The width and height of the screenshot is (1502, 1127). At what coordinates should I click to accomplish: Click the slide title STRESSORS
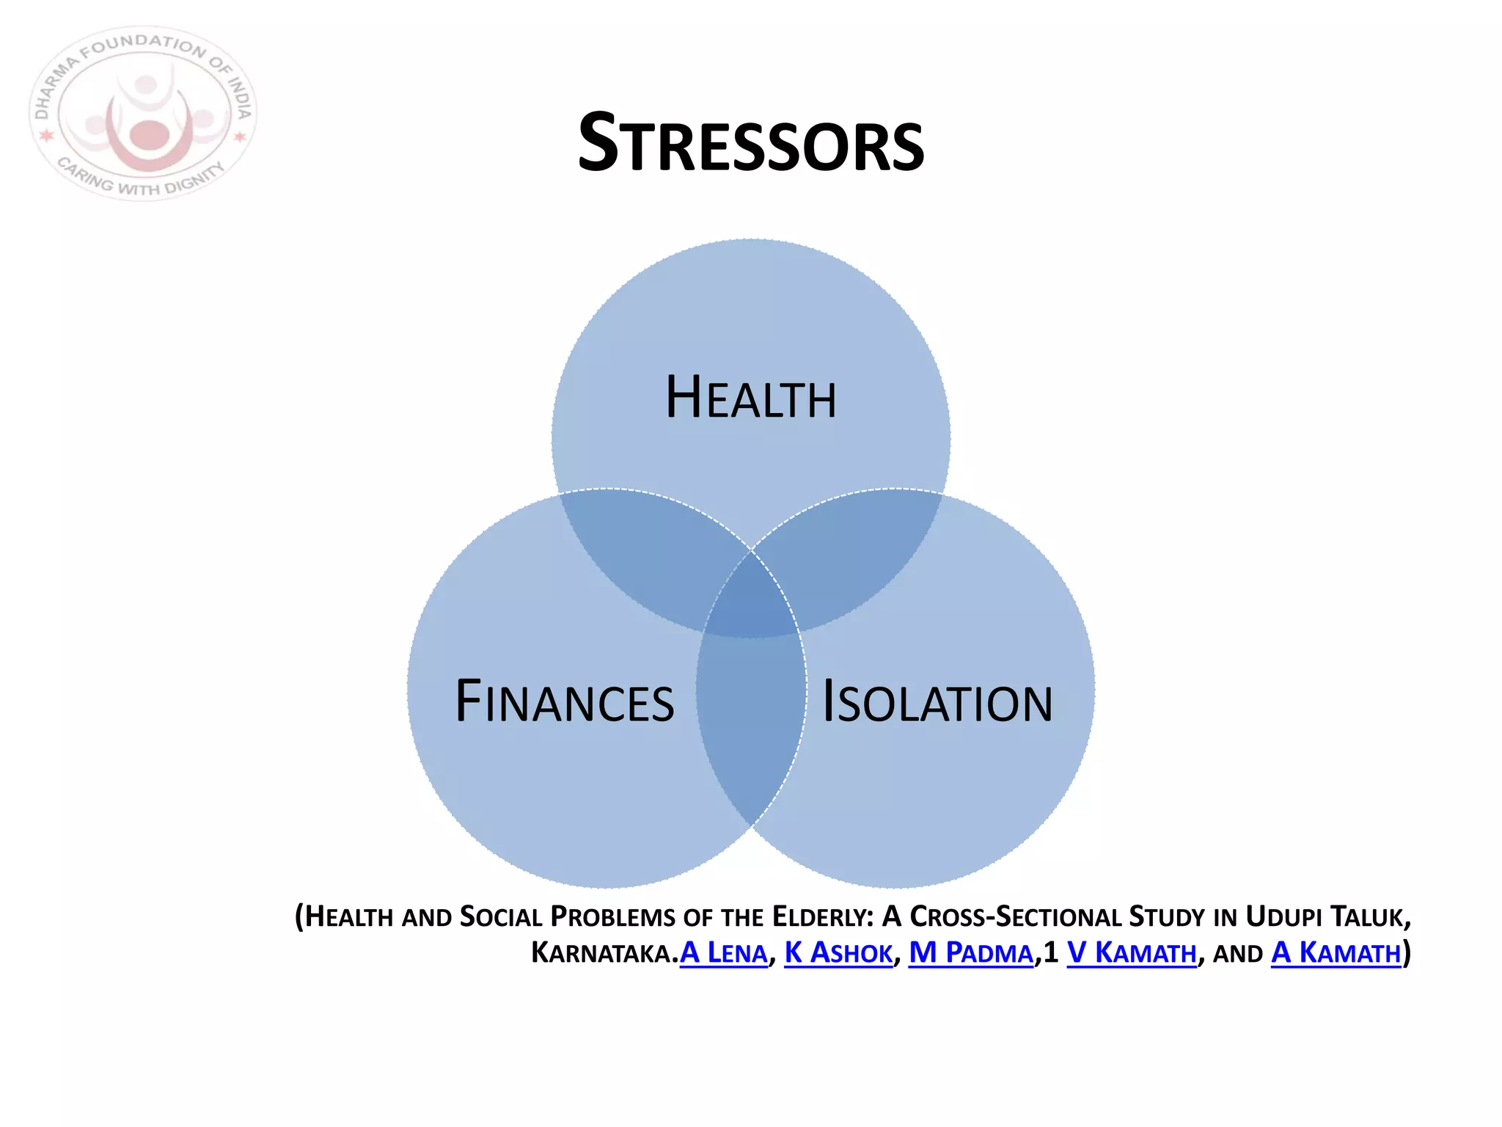[751, 143]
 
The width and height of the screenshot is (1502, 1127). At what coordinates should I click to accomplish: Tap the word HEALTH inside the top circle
[751, 398]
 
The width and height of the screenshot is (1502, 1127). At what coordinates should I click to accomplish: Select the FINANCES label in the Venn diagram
[565, 702]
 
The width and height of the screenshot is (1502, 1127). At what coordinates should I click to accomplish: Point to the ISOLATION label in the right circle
[937, 702]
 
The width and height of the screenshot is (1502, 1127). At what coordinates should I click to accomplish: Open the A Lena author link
[723, 953]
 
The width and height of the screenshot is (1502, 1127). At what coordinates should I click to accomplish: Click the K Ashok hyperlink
[838, 953]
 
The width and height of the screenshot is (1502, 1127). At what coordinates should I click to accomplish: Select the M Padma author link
[971, 953]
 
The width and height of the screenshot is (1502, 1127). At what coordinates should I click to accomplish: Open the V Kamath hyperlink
[1131, 953]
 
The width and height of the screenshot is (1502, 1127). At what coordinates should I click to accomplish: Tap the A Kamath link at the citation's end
[1336, 953]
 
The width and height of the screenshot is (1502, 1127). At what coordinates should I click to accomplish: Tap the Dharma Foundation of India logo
[144, 114]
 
